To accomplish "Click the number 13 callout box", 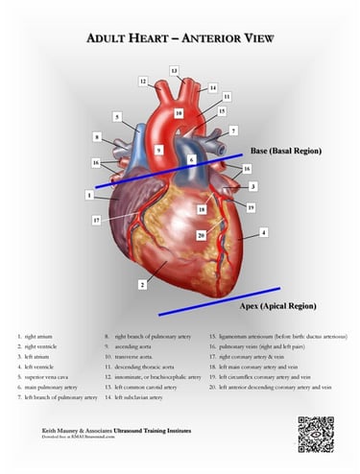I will (x=174, y=71).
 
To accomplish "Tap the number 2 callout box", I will (x=142, y=285).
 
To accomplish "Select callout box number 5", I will (x=117, y=117).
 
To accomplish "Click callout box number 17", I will (x=97, y=220).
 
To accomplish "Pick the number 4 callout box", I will (x=263, y=232).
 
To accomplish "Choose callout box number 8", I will (x=97, y=137).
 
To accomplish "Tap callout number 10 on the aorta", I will (x=179, y=113).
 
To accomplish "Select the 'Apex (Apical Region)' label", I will (x=277, y=306).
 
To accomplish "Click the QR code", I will (x=315, y=435).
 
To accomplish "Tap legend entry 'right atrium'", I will (x=39, y=337).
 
